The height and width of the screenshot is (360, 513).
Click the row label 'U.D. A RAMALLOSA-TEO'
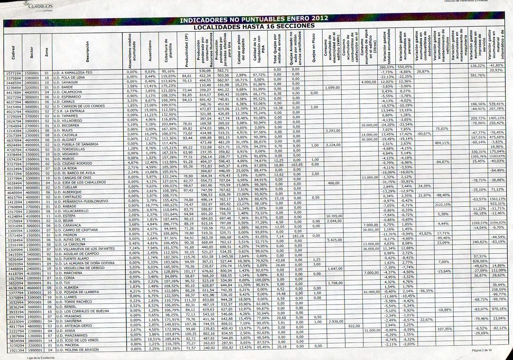[x=77, y=72]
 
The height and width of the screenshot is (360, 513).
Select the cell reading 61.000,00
[x=370, y=292]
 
